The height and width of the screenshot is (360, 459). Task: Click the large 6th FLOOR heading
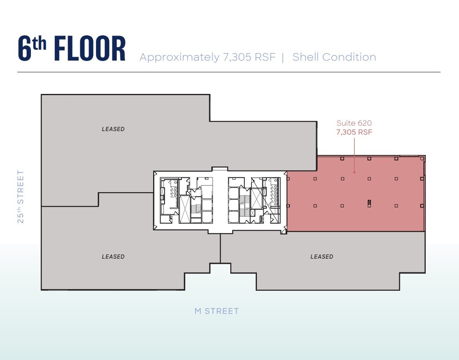(x=72, y=49)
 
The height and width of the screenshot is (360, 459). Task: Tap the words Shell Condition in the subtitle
(x=334, y=57)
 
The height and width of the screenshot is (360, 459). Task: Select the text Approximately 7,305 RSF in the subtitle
(x=208, y=57)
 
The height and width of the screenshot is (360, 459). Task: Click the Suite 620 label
(x=354, y=123)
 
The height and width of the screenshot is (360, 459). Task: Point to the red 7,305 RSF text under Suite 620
(x=354, y=132)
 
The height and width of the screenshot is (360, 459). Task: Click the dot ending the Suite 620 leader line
(x=354, y=171)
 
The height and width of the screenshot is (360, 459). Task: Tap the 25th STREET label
(x=21, y=196)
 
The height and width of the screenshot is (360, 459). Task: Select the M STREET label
(x=217, y=311)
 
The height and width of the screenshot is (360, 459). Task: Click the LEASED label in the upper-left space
(x=113, y=129)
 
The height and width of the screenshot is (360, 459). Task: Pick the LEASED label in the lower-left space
(x=113, y=257)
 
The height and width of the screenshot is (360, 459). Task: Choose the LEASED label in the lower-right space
(x=322, y=257)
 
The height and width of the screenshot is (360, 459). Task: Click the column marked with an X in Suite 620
(x=369, y=203)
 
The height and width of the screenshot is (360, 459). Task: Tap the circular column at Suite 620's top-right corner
(x=421, y=158)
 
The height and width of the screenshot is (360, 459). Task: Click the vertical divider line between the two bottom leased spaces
(x=220, y=248)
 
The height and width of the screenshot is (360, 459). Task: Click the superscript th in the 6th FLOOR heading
(x=40, y=43)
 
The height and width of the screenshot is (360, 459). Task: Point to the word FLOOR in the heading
(x=90, y=49)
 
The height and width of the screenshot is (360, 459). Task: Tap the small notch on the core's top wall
(x=219, y=169)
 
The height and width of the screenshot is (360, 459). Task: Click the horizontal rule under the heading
(x=229, y=72)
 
